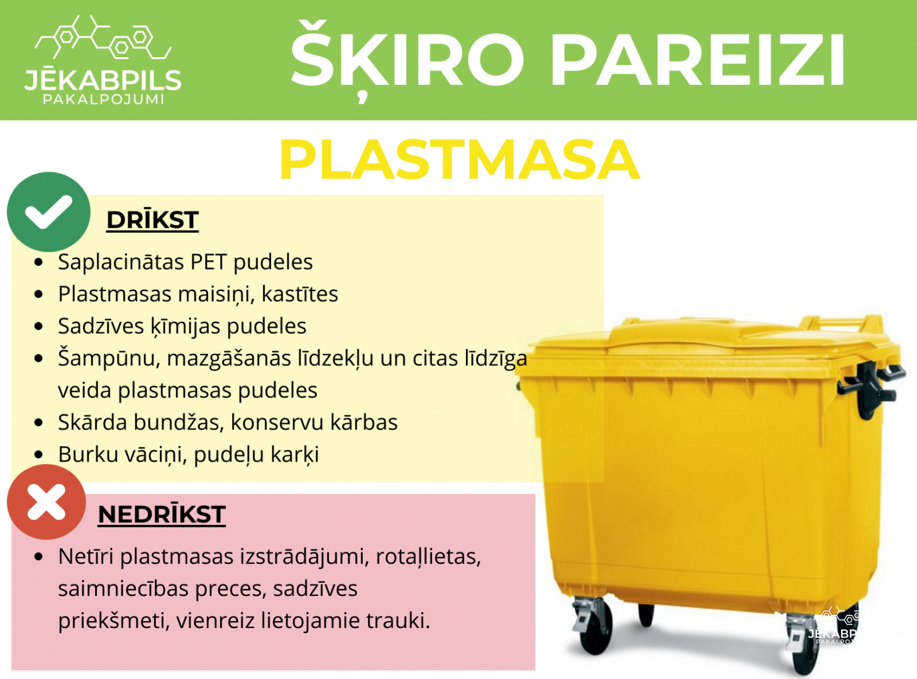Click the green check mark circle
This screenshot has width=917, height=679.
coord(48,212)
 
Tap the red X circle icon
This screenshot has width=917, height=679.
coord(47,502)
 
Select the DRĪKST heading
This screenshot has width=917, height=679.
coord(153,219)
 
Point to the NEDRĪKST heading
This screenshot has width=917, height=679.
coord(162,514)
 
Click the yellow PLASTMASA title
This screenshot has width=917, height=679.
coord(460,160)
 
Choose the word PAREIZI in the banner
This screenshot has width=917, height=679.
coord(697,59)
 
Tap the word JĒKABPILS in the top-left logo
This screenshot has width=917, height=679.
coord(103,80)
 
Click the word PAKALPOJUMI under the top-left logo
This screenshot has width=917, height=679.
coord(104,99)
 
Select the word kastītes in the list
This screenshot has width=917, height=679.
coord(300,294)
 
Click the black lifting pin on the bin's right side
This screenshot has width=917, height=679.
coord(870,388)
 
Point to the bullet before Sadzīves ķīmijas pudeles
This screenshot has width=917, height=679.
coord(39,326)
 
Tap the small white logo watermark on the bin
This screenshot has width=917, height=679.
coord(833,625)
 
